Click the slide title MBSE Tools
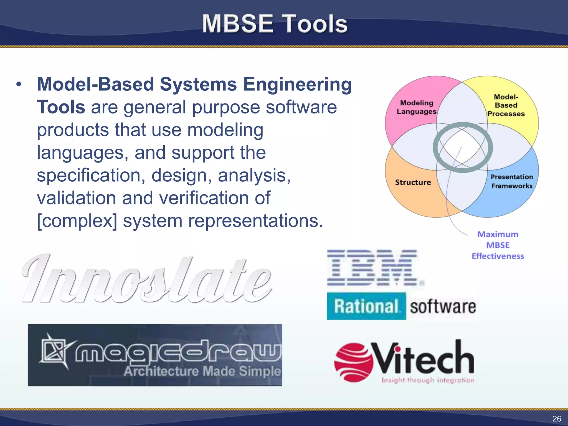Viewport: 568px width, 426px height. [x=275, y=24]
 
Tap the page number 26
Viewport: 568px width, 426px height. [x=557, y=419]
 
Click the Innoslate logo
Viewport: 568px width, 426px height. [x=147, y=279]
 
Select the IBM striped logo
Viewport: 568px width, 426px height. [x=374, y=268]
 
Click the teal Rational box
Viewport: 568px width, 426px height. [x=366, y=306]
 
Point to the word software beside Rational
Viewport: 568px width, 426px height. [x=443, y=307]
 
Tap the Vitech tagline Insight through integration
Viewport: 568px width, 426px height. [x=428, y=380]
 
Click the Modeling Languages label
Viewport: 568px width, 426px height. [x=416, y=107]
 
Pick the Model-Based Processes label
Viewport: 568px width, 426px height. [x=506, y=105]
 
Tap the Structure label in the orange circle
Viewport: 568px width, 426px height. [x=413, y=182]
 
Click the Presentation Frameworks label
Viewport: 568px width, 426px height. [x=512, y=181]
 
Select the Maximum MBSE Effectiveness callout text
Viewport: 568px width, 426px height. [x=498, y=245]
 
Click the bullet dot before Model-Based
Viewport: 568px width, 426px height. [x=19, y=84]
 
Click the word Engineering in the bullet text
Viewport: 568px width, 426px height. [x=297, y=84]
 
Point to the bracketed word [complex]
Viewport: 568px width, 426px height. [x=77, y=221]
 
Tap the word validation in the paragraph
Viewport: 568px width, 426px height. [x=76, y=198]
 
